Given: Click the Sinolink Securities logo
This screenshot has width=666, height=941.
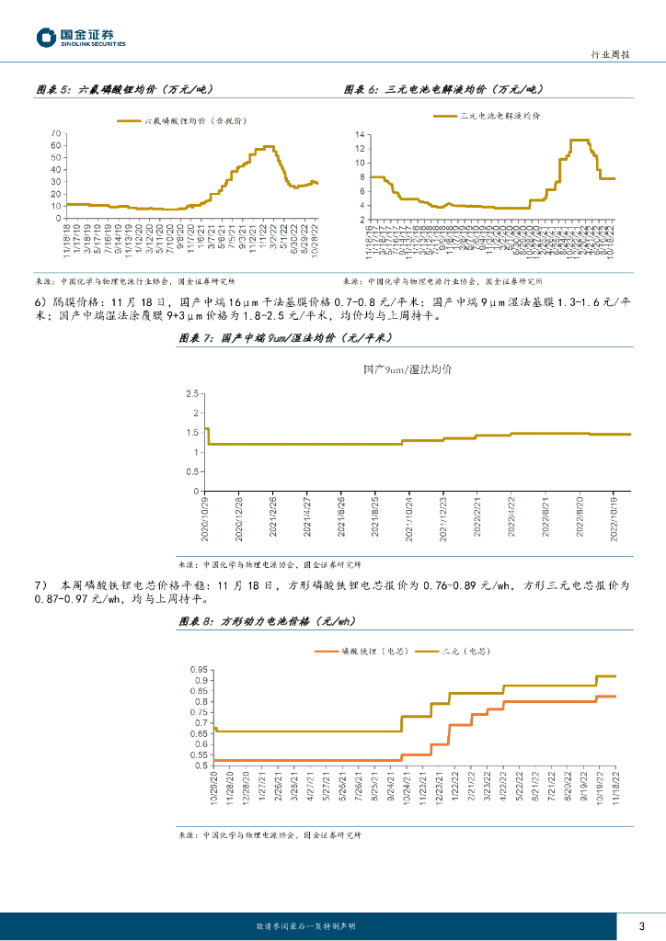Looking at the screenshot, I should click(x=81, y=38).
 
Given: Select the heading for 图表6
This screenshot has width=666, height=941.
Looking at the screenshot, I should click(x=444, y=89).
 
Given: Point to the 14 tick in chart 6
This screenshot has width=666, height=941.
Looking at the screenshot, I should click(x=361, y=134).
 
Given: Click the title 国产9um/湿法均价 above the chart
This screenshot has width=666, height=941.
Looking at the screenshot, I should click(x=407, y=369).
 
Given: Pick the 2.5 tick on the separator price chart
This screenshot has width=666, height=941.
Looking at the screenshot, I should click(x=192, y=393).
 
